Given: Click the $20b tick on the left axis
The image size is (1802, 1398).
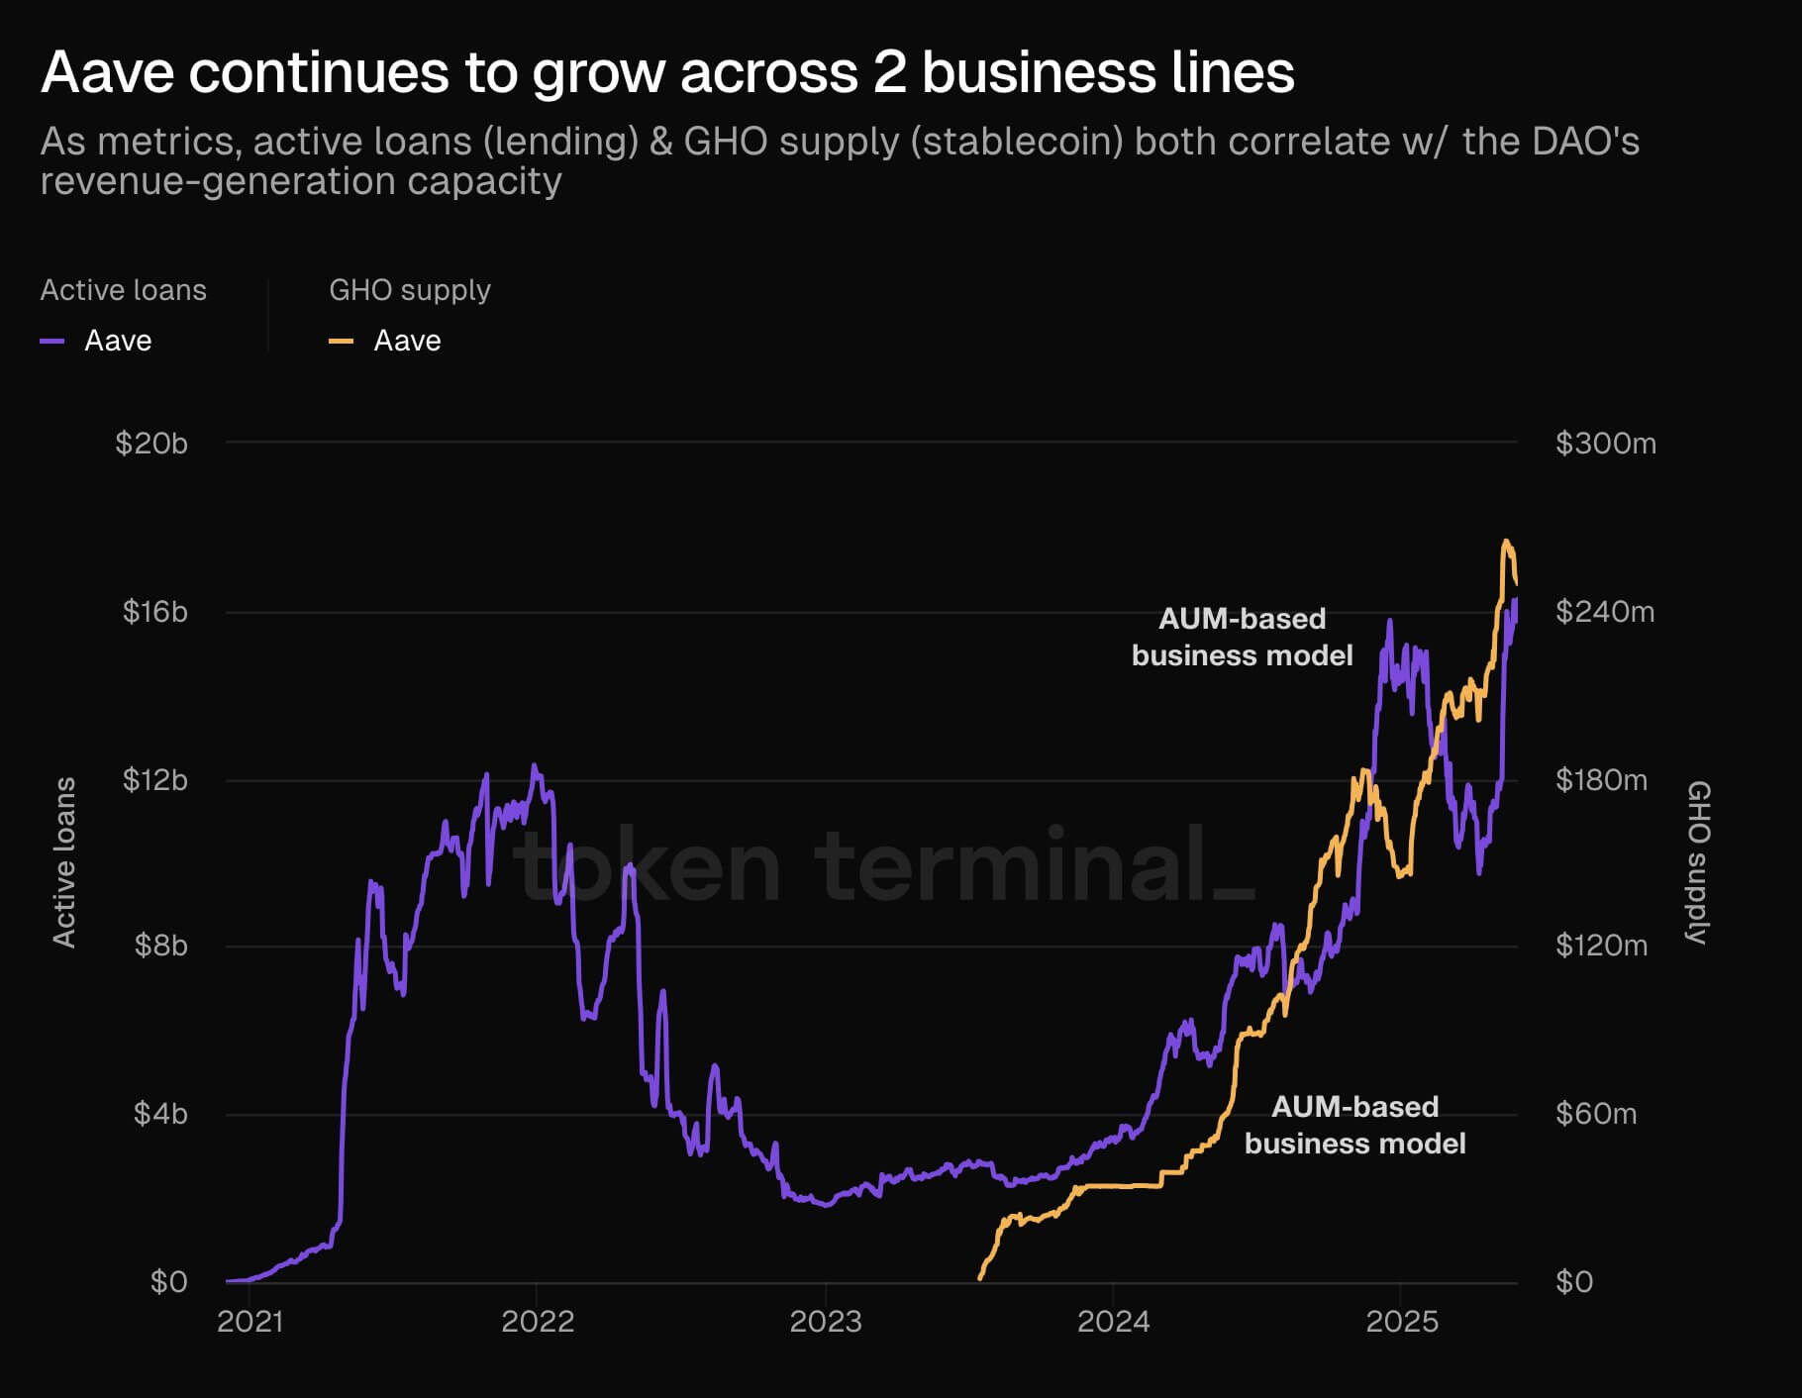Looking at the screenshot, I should point(151,443).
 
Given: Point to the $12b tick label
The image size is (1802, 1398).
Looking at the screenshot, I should point(154,780).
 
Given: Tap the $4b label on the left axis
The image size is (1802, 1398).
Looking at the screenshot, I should point(160,1114).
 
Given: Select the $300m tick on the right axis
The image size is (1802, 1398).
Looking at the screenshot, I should point(1605,443).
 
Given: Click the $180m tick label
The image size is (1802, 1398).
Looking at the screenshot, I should point(1601,780).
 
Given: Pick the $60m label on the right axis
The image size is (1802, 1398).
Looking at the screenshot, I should point(1596,1114).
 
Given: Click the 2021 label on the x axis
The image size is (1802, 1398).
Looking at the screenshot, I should point(250,1322).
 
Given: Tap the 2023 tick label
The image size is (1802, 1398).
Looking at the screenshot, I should point(825,1322).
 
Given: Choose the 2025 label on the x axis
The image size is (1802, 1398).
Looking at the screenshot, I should point(1401,1322).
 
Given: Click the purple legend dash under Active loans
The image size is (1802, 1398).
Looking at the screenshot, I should point(52,342).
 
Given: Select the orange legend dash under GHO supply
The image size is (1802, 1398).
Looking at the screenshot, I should point(341,342).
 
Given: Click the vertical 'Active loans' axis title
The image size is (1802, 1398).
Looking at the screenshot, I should point(64,861).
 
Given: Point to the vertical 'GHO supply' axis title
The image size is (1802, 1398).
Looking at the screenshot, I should point(1698,861).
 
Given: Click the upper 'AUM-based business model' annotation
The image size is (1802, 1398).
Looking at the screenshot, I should point(1242,637).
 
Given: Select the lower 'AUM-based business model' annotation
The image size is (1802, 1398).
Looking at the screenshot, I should point(1354,1125).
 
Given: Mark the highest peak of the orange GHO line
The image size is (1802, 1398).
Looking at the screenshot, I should point(1506,541).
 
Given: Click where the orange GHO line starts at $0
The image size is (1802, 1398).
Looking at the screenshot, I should point(980,1278).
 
